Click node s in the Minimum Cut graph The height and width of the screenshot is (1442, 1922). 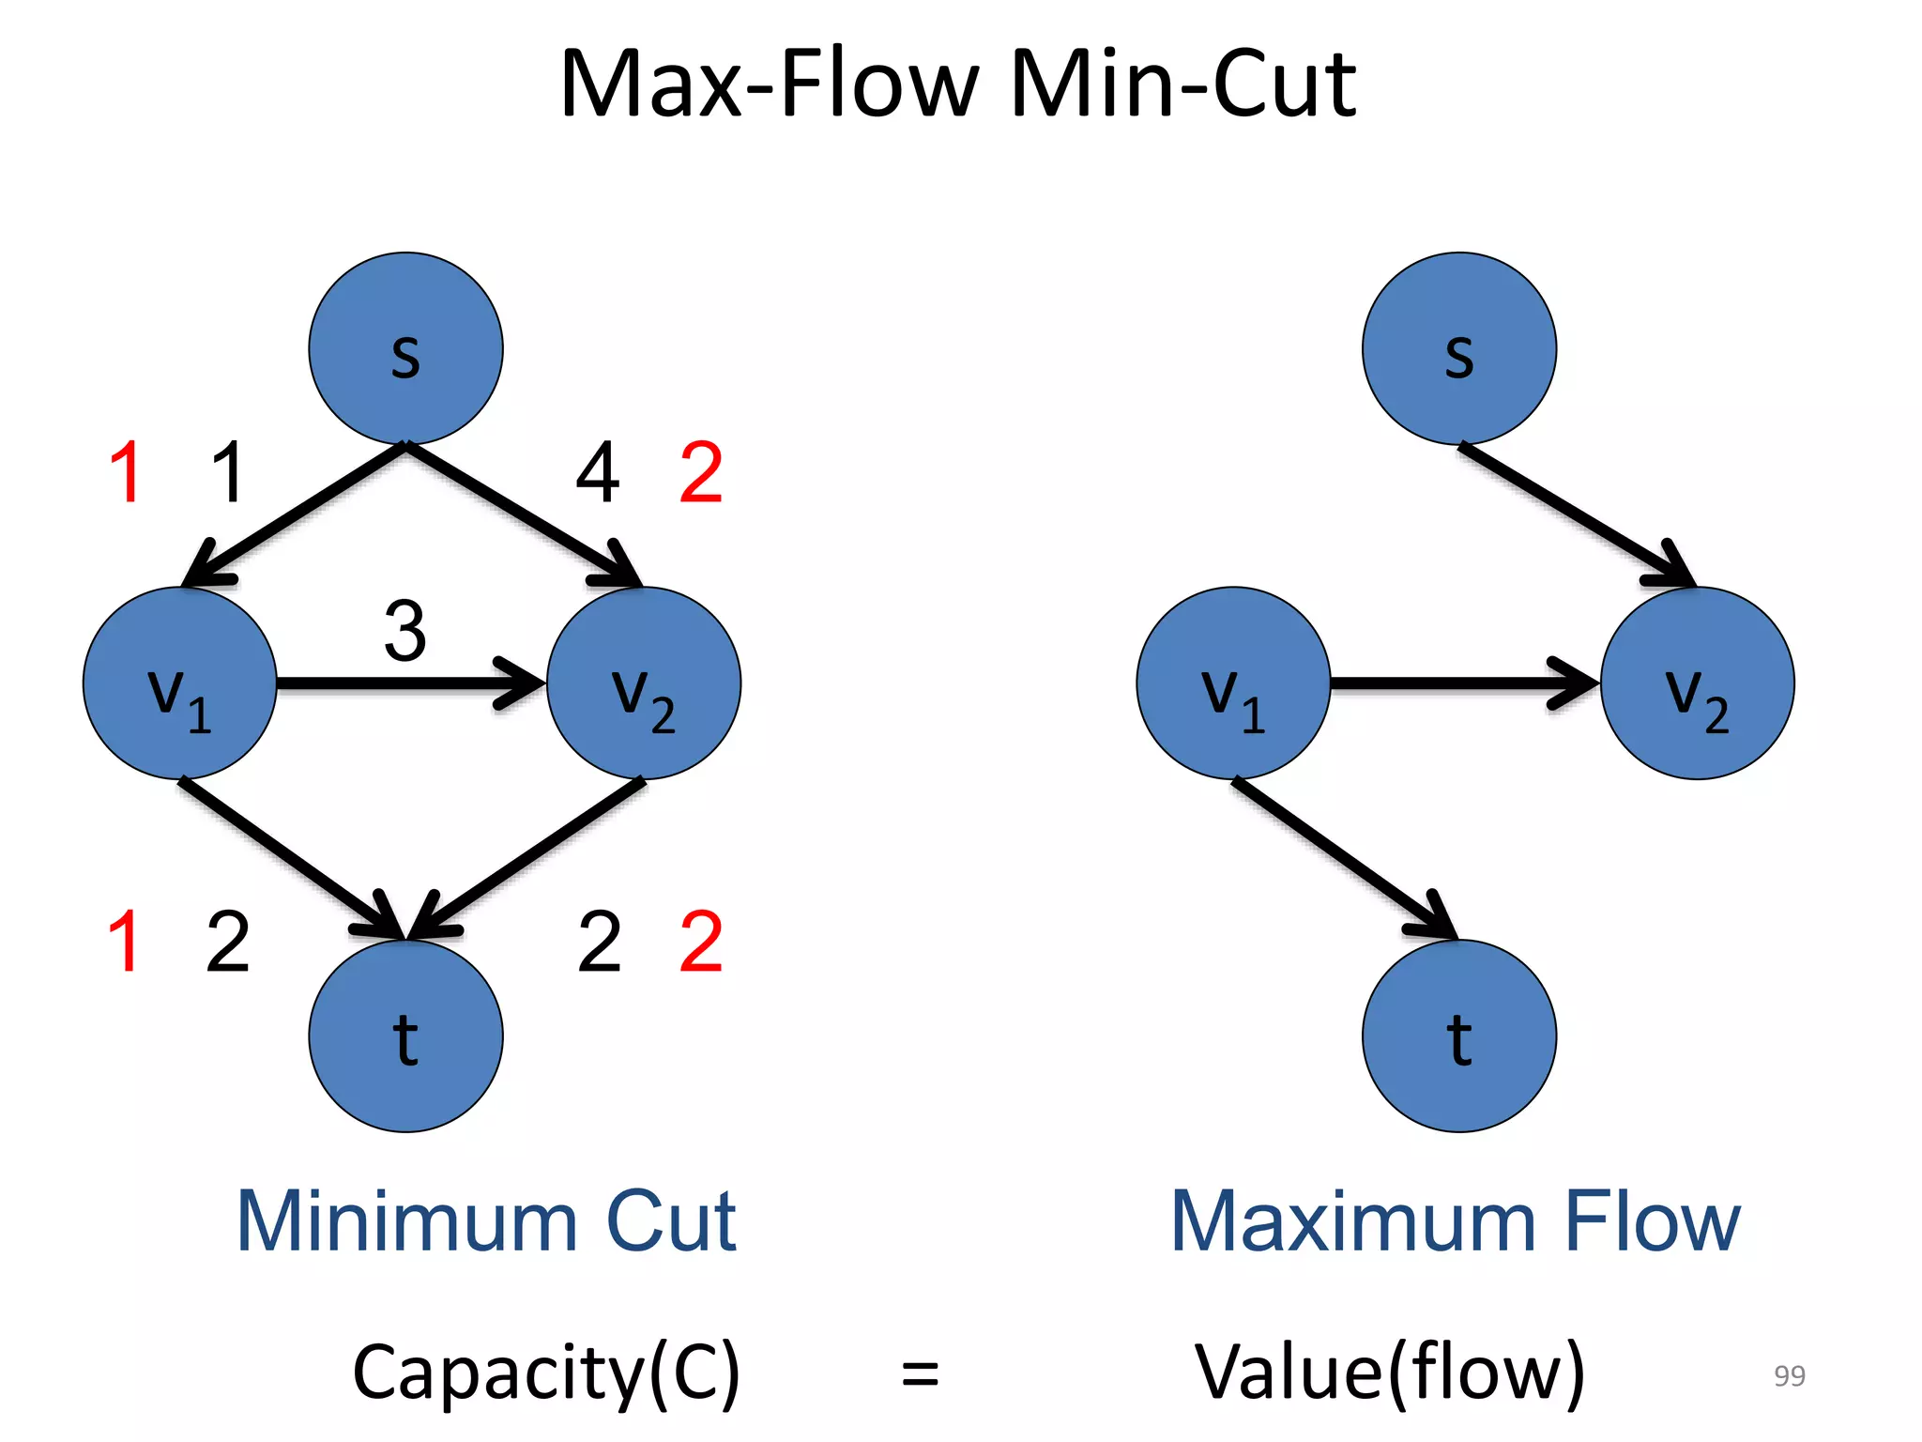pos(405,348)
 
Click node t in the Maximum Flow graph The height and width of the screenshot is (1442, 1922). pos(1458,1035)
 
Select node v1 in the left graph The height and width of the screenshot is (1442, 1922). pos(179,683)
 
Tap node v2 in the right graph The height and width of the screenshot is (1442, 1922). pos(1697,683)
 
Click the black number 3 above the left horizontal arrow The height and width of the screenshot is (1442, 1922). pos(405,631)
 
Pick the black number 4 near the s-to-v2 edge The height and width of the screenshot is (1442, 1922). pos(598,472)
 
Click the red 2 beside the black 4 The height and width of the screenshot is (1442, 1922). pos(701,472)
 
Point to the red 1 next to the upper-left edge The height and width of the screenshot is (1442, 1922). pos(126,472)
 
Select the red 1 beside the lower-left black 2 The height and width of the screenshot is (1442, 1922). pos(124,941)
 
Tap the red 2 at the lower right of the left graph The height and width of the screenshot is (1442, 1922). pos(701,941)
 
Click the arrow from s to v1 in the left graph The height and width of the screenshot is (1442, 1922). pos(296,514)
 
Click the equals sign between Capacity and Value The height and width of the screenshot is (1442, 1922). pos(920,1373)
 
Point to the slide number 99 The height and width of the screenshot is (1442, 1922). pos(1789,1375)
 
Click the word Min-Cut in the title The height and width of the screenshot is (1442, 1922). pos(1182,84)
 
